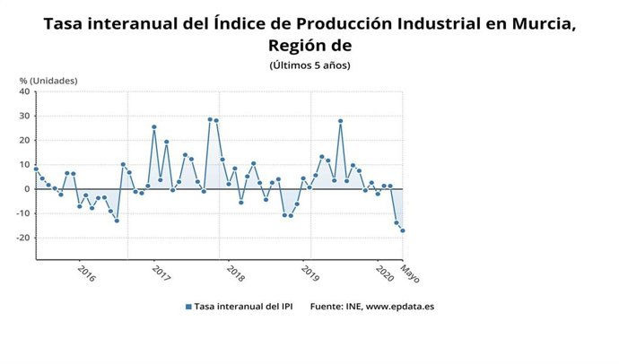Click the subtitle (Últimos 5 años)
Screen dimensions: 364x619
[x=309, y=65]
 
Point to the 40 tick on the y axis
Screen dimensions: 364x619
[x=25, y=91]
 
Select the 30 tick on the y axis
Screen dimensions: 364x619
[x=25, y=116]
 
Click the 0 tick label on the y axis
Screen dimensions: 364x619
[x=28, y=189]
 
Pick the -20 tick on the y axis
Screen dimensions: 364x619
[x=23, y=238]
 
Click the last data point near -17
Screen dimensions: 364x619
[x=403, y=230]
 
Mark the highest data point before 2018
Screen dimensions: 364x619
[x=210, y=119]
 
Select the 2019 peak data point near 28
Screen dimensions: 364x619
[x=341, y=121]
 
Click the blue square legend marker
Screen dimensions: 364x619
[x=188, y=307]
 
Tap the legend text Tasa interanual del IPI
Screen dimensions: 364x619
[x=243, y=307]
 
